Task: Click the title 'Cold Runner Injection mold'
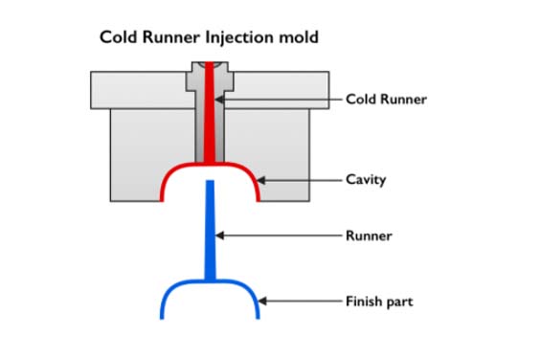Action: coord(209,38)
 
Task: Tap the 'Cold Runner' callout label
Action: coord(386,99)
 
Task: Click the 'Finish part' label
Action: coord(379,302)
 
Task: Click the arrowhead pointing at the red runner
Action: coord(218,99)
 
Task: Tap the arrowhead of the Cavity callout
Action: coord(259,180)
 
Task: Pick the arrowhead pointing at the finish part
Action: coord(261,302)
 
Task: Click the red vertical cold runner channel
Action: coord(210,115)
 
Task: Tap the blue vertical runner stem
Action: coord(210,230)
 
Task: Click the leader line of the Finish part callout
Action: coord(302,302)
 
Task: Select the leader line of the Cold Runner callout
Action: coord(282,99)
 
